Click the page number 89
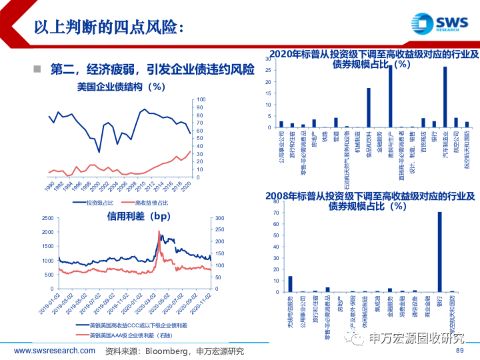(x=459, y=351)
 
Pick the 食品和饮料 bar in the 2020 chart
(x=369, y=107)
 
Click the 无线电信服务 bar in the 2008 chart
(x=290, y=284)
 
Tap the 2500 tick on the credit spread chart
(x=46, y=218)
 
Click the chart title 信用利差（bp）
(x=139, y=216)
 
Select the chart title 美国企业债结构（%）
(x=121, y=87)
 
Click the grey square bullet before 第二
(x=37, y=69)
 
